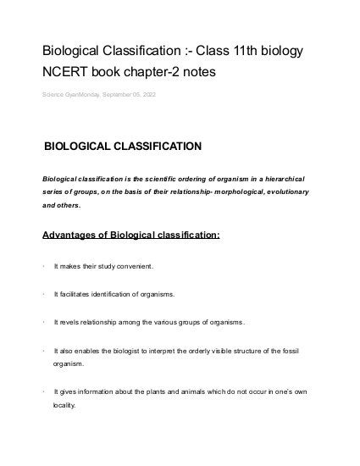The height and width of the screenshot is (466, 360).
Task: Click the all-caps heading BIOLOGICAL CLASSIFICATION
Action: point(123,146)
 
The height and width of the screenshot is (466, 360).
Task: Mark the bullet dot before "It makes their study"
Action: point(43,266)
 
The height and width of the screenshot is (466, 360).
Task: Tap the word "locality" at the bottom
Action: point(64,405)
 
